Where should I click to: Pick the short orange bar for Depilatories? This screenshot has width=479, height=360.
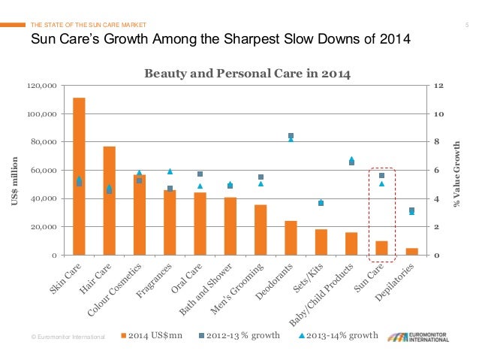(411, 251)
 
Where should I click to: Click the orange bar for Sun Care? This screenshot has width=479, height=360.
(381, 248)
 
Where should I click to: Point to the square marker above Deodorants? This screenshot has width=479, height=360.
(291, 136)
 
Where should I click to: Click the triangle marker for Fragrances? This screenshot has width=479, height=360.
(170, 171)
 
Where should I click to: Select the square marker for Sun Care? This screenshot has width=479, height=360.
(381, 175)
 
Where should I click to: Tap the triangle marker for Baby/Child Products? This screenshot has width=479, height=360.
(351, 159)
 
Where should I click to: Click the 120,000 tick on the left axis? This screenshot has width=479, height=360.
(47, 86)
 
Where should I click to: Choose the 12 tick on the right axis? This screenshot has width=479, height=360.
(438, 86)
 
